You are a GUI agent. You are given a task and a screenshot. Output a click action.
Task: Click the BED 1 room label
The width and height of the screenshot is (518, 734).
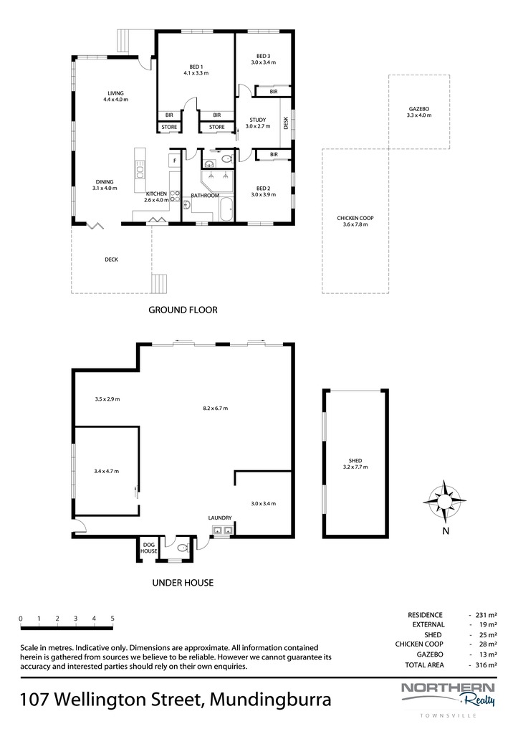[196, 67]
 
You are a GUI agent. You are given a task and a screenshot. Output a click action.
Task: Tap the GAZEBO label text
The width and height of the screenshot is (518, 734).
[419, 109]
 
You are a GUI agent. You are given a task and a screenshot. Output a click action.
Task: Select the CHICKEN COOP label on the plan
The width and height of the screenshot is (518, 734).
[355, 218]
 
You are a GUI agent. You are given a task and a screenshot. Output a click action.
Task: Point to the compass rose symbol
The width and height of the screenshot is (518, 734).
[444, 501]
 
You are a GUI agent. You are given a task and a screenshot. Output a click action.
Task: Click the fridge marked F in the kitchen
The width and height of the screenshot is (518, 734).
[175, 161]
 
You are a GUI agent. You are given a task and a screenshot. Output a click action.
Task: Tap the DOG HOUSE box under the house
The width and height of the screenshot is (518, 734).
[149, 548]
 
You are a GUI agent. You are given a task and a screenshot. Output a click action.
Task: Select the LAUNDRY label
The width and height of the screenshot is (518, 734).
[220, 518]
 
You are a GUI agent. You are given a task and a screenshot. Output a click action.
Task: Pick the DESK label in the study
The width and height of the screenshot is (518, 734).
[286, 123]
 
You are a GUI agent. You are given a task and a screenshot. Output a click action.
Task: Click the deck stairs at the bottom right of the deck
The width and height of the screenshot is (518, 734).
[159, 284]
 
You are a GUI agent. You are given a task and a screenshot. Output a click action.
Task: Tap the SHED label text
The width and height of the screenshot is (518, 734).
[355, 461]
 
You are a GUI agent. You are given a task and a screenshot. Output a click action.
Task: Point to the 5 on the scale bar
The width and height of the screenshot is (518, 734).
[112, 619]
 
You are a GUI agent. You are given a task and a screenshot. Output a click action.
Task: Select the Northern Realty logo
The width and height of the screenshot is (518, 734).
[449, 695]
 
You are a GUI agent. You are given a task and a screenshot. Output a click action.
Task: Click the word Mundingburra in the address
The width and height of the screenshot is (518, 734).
[271, 700]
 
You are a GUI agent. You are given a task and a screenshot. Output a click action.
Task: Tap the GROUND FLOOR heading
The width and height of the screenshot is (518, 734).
[183, 310]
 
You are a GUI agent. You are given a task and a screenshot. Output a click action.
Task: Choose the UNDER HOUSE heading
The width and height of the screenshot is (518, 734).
[183, 583]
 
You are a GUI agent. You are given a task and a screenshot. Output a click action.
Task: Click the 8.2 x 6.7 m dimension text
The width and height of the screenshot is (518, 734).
[215, 408]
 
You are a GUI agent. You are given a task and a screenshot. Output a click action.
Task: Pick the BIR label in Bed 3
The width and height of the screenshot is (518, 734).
[274, 92]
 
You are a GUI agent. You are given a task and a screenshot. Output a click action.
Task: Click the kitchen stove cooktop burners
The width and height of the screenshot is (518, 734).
[175, 196]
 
